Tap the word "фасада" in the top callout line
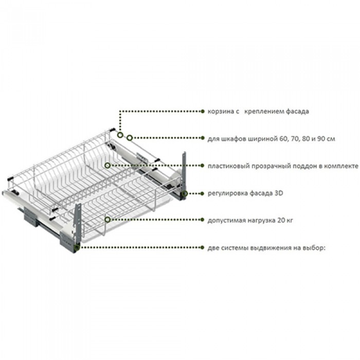(x=297, y=112)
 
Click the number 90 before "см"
(x=321, y=139)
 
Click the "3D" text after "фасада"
(x=279, y=193)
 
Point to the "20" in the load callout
(x=281, y=220)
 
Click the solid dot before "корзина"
(x=203, y=112)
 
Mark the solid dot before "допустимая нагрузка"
(x=202, y=220)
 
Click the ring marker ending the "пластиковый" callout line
(x=107, y=165)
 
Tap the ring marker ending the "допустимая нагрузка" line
(x=107, y=220)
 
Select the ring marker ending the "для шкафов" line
(x=130, y=138)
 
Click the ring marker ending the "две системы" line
(x=77, y=247)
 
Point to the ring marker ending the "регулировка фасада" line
(x=185, y=193)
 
